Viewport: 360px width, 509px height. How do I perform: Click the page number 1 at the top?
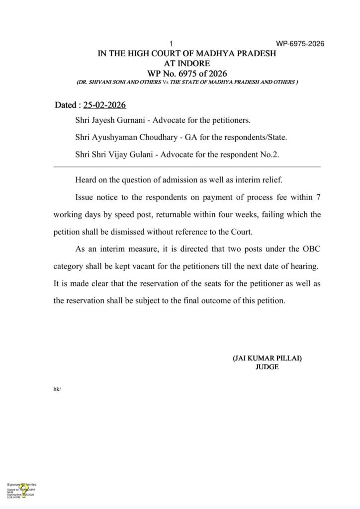click(171, 44)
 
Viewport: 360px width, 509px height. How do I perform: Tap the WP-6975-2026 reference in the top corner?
click(300, 44)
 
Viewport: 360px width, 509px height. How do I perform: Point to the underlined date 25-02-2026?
click(104, 105)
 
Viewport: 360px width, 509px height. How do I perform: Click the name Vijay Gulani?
click(132, 154)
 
